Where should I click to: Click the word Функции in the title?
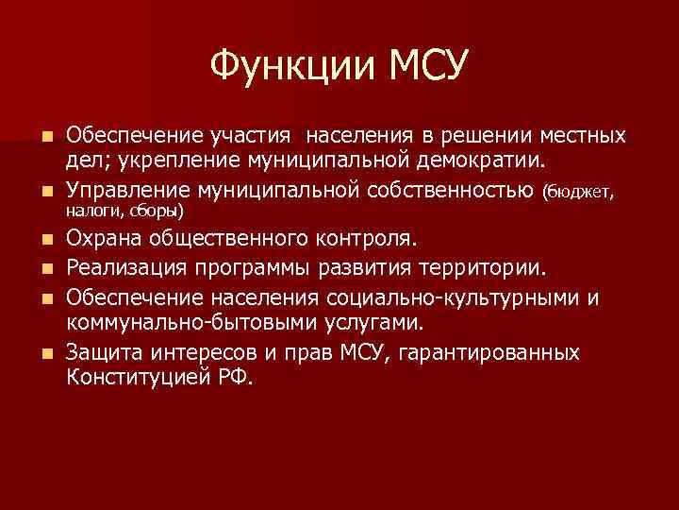(x=283, y=67)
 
